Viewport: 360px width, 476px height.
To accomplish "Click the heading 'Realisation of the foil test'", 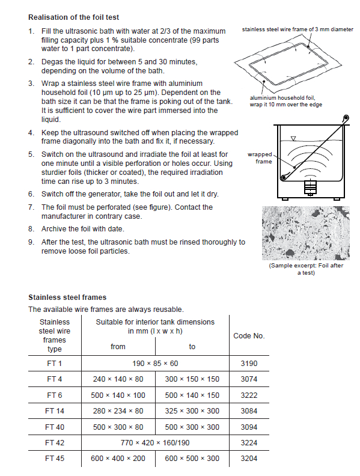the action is click(74, 17).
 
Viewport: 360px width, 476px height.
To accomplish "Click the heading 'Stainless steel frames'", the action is click(67, 297).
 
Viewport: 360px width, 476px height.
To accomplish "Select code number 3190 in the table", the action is click(249, 364).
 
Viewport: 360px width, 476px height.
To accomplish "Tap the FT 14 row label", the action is click(55, 410).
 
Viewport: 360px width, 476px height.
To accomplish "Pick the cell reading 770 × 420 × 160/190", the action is click(155, 442).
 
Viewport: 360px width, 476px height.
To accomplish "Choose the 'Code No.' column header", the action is click(249, 336).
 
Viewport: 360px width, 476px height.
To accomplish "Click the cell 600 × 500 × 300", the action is click(192, 459).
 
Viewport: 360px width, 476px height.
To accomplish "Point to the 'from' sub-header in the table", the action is click(118, 346).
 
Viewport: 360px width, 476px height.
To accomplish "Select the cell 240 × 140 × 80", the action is click(118, 379).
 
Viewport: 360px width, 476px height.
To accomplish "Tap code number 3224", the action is click(249, 442).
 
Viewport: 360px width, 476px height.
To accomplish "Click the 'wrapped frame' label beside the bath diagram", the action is click(260, 158).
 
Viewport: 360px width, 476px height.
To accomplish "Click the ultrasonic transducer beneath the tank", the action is click(310, 187).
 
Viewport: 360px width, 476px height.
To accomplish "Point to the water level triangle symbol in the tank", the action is click(293, 138).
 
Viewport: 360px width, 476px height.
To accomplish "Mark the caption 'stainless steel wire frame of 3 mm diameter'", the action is click(297, 29).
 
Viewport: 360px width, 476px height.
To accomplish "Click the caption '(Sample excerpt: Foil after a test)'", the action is click(306, 269).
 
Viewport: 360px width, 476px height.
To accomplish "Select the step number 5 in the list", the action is click(31, 154).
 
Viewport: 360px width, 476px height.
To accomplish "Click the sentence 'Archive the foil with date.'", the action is click(83, 229).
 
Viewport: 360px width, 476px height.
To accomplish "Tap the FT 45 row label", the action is click(55, 459).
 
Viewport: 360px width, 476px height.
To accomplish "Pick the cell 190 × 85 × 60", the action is click(155, 364).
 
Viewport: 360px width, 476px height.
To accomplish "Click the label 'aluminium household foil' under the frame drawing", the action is click(282, 98).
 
